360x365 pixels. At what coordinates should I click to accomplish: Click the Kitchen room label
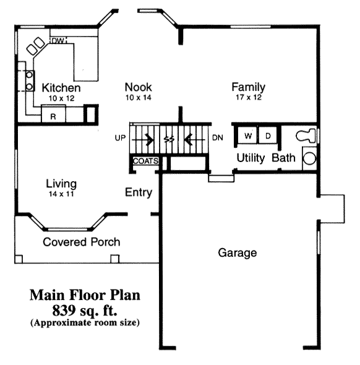tap(61, 88)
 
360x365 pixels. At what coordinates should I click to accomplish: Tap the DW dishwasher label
tap(58, 41)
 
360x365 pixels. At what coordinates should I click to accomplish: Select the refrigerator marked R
tap(53, 114)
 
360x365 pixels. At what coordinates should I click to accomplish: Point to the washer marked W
tap(247, 135)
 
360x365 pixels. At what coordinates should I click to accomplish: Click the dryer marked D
tap(268, 135)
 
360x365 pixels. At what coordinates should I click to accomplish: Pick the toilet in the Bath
tap(306, 135)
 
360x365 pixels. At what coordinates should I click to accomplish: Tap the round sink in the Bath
tap(310, 158)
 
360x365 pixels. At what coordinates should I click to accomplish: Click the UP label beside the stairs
tap(120, 138)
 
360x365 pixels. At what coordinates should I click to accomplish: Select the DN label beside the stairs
tap(218, 138)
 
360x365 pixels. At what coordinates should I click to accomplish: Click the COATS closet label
tap(146, 161)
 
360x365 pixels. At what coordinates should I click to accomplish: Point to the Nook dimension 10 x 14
tap(139, 98)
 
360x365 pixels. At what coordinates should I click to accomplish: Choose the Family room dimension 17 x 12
tap(249, 97)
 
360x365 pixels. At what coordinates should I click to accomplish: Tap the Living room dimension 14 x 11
tap(61, 194)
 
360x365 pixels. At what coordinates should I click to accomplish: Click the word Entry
tap(139, 192)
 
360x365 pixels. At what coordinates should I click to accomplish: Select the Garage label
tap(238, 253)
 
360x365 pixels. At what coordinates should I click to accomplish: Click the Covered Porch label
tap(82, 242)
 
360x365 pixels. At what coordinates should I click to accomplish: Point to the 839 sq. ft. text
tap(85, 311)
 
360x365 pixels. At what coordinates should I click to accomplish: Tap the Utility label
tap(251, 158)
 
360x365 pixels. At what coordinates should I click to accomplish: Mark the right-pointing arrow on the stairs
tap(143, 140)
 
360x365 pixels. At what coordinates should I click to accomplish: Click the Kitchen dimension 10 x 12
tap(61, 98)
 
